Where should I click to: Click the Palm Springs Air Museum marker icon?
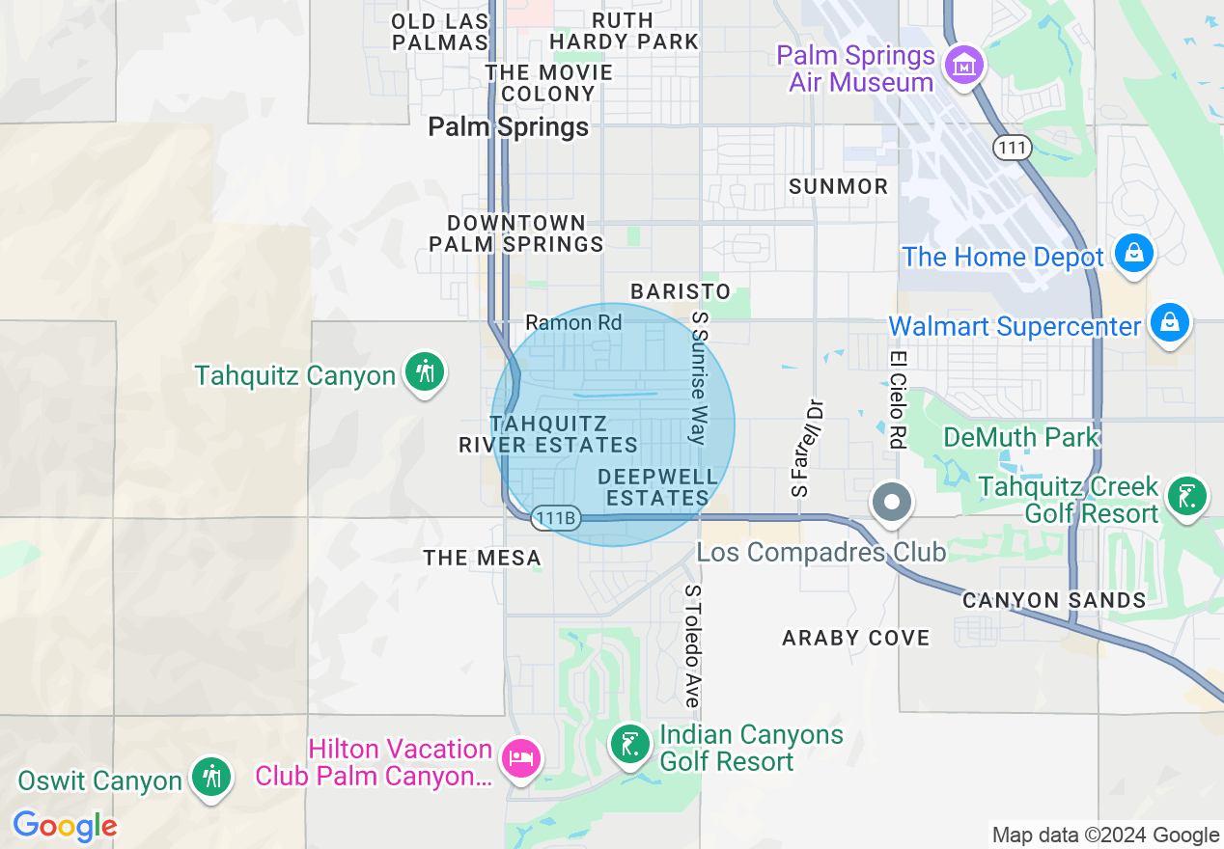pyautogui.click(x=964, y=66)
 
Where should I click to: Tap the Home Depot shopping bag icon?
pyautogui.click(x=1134, y=255)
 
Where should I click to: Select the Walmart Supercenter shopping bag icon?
pyautogui.click(x=1170, y=323)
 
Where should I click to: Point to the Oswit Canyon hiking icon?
pyautogui.click(x=209, y=777)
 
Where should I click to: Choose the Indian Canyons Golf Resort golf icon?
pyautogui.click(x=630, y=746)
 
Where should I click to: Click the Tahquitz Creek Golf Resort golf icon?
pyautogui.click(x=1186, y=498)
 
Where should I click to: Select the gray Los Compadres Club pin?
pyautogui.click(x=892, y=503)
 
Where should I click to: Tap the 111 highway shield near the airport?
pyautogui.click(x=1012, y=148)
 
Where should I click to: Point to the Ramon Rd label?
pyautogui.click(x=573, y=322)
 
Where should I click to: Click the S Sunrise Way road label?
pyautogui.click(x=697, y=378)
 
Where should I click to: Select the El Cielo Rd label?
pyautogui.click(x=898, y=398)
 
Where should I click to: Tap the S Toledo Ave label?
pyautogui.click(x=692, y=645)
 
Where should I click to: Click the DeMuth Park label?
pyautogui.click(x=1021, y=437)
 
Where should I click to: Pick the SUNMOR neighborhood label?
pyautogui.click(x=838, y=186)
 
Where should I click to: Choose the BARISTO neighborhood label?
pyautogui.click(x=681, y=291)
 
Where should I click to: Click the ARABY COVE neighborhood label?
pyautogui.click(x=856, y=638)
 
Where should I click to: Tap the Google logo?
pyautogui.click(x=65, y=826)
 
